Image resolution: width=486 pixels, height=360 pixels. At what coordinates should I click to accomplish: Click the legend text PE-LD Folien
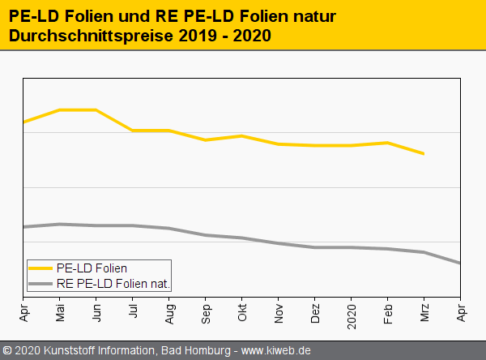pos(92,268)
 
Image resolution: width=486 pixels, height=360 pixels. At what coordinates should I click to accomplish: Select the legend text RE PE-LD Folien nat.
pos(113,284)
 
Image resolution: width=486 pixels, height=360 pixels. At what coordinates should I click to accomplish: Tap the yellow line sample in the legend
pos(40,268)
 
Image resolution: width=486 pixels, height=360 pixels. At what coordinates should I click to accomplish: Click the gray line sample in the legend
pos(40,284)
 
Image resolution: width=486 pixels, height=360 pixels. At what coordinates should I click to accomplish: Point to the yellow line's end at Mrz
pos(424,153)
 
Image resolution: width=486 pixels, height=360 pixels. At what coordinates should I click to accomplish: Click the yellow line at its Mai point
pos(60,109)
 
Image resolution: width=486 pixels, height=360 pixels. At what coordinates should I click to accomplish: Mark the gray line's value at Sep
pos(206,235)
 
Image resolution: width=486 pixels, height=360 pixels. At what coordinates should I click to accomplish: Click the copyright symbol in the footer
pos(7,350)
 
